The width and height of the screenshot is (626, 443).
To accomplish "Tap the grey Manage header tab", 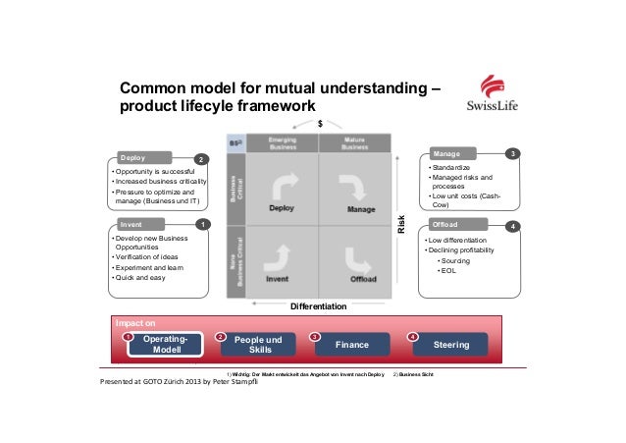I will pos(461,154).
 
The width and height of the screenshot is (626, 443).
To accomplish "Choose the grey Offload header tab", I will pos(461,226).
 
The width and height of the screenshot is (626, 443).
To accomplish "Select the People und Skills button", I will pos(260,345).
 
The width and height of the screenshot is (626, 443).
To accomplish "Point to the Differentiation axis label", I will pos(319,306).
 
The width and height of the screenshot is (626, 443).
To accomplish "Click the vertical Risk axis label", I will pos(401,224).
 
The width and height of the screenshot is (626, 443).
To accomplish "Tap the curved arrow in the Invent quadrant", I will pos(278,258).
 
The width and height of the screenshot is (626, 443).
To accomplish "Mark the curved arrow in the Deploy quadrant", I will pos(282,185).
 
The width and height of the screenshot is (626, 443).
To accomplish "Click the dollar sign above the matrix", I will pos(319,125).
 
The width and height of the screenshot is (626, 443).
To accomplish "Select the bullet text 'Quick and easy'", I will pos(141,278).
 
